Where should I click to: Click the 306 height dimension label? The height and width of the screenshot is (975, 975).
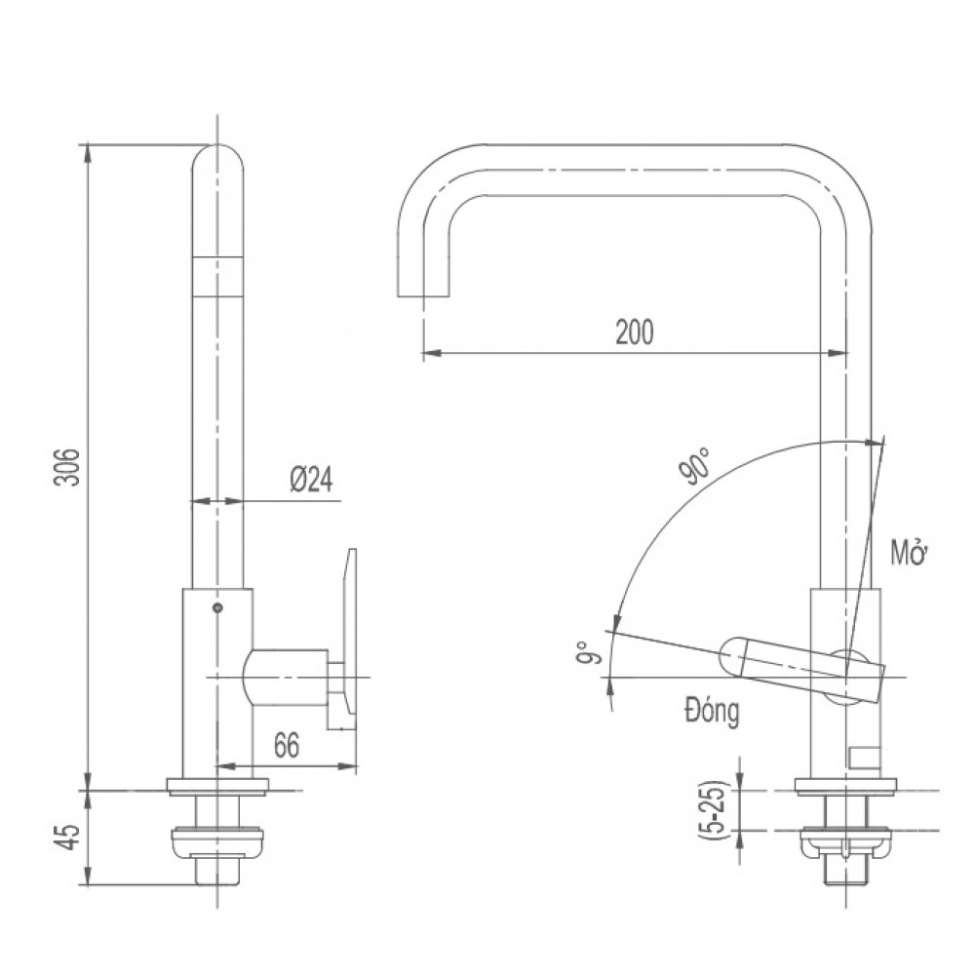[x=64, y=469]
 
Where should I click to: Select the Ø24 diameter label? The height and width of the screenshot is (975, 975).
[x=311, y=480]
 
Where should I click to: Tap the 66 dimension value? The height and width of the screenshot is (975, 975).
[x=286, y=746]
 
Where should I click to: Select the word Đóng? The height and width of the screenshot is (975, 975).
[x=712, y=710]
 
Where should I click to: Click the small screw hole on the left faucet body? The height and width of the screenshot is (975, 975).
[x=216, y=608]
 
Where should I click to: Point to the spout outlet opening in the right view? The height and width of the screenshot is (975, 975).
[x=423, y=293]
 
